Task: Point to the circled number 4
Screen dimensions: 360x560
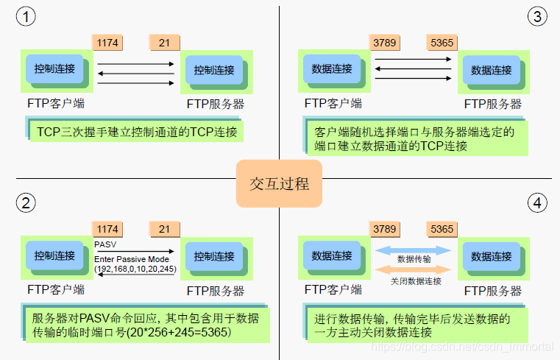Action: click(x=538, y=202)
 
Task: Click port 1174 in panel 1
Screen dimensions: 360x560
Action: click(x=107, y=42)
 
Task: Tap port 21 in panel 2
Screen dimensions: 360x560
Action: click(x=164, y=229)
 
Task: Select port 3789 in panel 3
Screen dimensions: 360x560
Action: click(x=385, y=42)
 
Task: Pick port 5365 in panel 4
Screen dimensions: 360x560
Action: click(x=442, y=229)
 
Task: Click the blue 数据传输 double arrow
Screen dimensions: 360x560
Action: click(x=413, y=252)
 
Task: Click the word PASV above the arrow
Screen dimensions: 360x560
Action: click(x=104, y=243)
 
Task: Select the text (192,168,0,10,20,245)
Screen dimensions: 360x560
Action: click(x=135, y=269)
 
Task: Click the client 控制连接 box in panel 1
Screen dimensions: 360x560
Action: click(x=54, y=68)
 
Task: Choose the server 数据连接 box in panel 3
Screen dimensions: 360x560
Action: click(x=491, y=70)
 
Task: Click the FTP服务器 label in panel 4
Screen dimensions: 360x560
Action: click(x=493, y=289)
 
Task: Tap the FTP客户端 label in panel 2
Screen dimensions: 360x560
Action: click(x=56, y=289)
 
